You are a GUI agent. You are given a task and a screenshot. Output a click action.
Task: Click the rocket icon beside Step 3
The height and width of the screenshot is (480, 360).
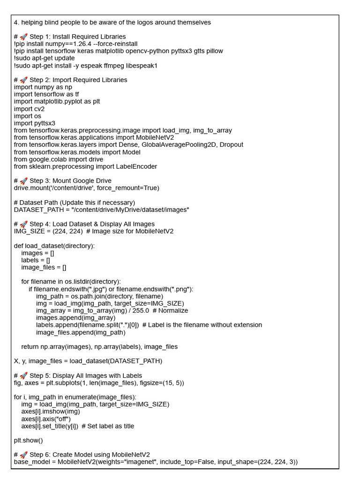(23, 180)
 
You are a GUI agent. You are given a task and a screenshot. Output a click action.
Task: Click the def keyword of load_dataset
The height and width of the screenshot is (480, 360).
(19, 246)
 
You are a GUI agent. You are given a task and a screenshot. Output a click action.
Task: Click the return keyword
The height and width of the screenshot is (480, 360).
(30, 346)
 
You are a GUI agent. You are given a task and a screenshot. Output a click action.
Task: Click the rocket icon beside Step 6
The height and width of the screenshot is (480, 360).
(23, 454)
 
